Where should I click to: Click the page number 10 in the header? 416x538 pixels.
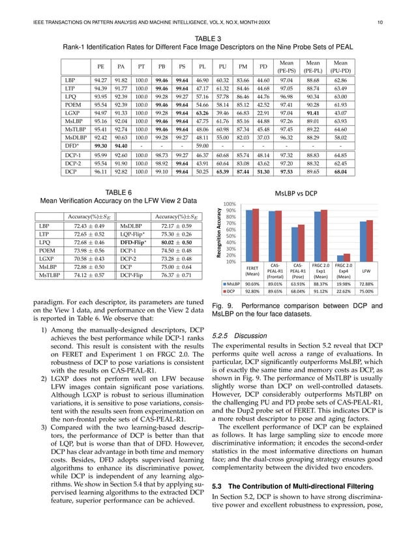(x=398, y=24)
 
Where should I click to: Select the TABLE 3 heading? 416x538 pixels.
(x=207, y=38)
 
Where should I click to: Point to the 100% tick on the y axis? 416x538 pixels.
(x=230, y=204)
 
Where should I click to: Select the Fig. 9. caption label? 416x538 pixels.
(x=223, y=305)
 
